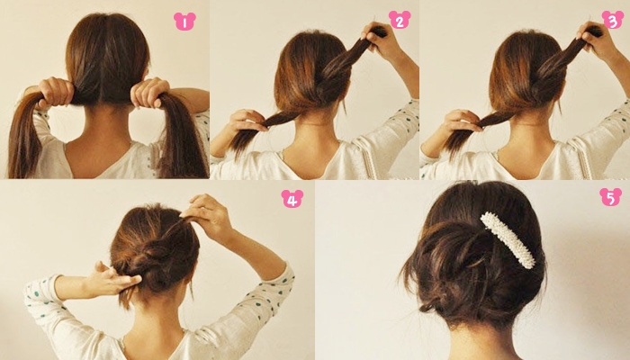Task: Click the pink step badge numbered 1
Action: [184, 22]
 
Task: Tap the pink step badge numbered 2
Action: [400, 20]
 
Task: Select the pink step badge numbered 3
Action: [613, 20]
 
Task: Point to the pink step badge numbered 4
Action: [292, 199]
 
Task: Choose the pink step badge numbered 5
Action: [611, 197]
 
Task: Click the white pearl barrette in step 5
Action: [508, 240]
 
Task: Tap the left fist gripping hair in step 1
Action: [56, 93]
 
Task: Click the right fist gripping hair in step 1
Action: [149, 93]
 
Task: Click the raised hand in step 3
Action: [595, 39]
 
